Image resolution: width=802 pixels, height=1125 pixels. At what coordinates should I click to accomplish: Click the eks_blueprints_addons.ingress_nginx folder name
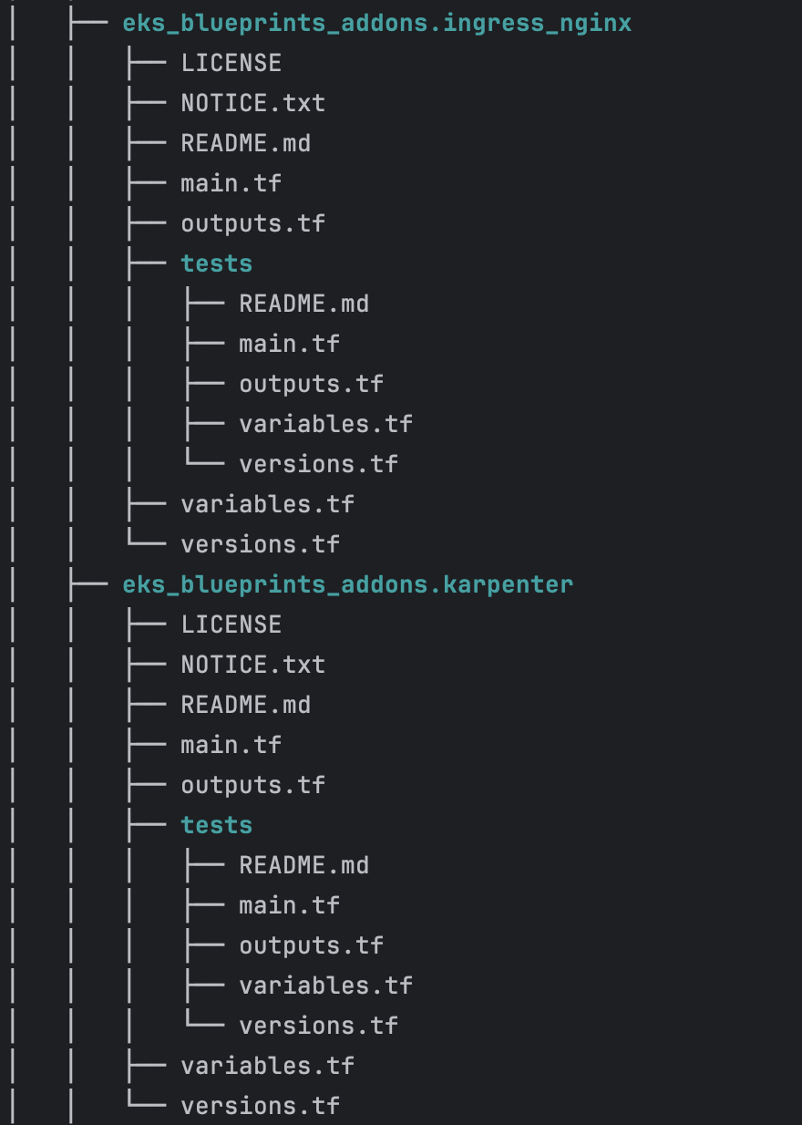[x=377, y=23]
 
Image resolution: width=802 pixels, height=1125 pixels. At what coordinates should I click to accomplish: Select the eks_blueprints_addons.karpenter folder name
[x=348, y=584]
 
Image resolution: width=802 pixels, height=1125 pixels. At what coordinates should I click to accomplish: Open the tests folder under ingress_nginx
[x=216, y=263]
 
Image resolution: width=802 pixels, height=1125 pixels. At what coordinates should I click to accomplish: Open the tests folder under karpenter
[x=216, y=825]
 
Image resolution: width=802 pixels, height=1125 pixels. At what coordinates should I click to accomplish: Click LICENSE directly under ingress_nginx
[x=231, y=63]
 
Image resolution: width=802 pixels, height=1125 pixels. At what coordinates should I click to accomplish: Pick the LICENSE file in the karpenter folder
[x=231, y=624]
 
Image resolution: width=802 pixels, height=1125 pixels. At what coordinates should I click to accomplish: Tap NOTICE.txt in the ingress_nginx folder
[x=252, y=103]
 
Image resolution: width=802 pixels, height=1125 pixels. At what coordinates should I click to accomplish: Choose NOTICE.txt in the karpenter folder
[x=252, y=665]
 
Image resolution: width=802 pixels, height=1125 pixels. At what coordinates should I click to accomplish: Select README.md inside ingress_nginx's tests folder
[x=303, y=304]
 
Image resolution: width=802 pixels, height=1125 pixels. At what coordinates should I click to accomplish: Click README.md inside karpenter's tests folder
[x=303, y=865]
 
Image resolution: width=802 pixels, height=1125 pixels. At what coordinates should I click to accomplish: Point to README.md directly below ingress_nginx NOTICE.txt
[x=245, y=143]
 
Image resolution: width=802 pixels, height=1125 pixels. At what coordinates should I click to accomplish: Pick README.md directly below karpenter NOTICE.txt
[x=245, y=705]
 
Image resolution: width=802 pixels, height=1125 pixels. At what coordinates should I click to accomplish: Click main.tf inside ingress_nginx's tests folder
[x=289, y=344]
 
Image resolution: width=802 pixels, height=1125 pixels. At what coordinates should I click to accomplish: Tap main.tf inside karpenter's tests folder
[x=289, y=905]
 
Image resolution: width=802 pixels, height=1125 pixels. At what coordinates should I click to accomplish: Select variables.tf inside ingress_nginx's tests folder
[x=325, y=424]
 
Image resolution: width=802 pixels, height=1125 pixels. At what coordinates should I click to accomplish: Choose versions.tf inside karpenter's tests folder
[x=318, y=1026]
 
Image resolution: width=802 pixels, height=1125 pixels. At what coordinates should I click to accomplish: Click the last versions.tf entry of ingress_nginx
[x=260, y=544]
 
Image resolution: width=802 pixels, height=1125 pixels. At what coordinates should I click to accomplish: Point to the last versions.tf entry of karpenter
[x=260, y=1106]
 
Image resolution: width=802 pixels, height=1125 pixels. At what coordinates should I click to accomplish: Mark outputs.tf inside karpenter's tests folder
[x=311, y=945]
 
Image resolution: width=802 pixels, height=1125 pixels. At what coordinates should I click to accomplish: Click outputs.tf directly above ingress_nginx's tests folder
[x=252, y=223]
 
